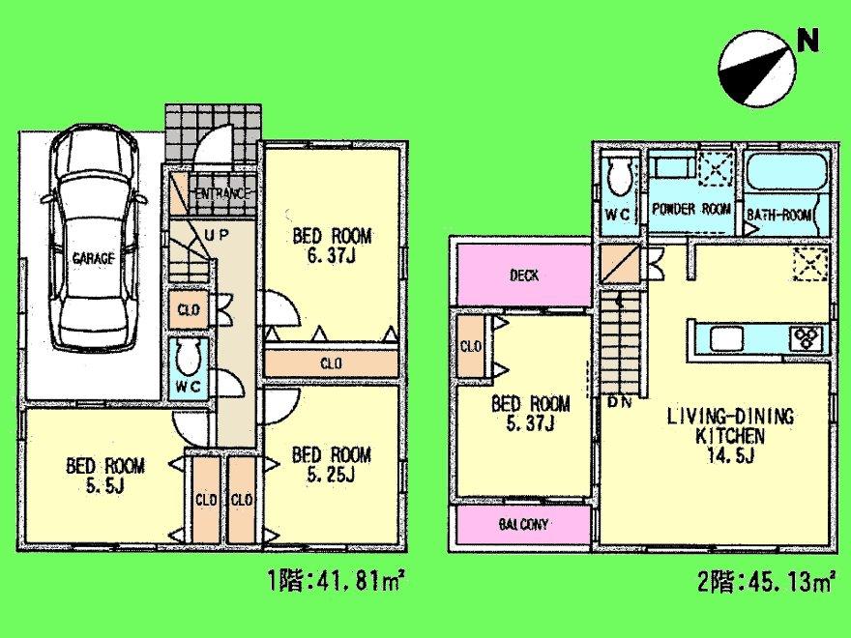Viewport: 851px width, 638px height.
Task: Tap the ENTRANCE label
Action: pos(222,193)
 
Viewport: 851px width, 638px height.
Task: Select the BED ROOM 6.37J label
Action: pos(333,245)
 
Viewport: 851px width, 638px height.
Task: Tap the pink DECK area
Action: pos(523,275)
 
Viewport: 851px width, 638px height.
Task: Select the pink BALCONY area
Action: pos(523,525)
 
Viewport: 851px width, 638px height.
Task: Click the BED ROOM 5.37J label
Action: pos(530,414)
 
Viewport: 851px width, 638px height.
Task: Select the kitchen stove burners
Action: pos(806,337)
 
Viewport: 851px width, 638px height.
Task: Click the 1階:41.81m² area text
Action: pos(335,583)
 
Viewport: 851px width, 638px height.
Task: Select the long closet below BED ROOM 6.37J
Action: pos(330,363)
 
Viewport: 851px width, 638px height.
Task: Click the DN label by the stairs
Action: pos(619,402)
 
